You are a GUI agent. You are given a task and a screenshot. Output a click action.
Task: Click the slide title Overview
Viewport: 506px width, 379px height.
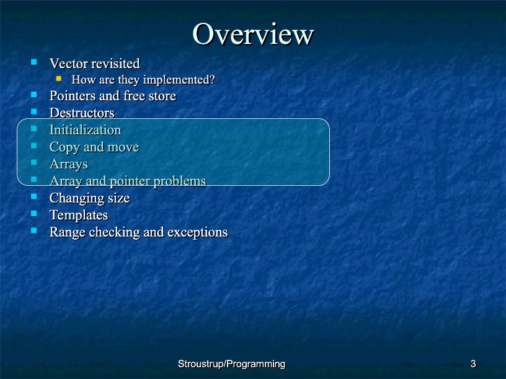pyautogui.click(x=253, y=34)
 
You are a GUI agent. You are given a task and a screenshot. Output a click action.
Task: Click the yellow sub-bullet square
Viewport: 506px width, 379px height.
pyautogui.click(x=59, y=78)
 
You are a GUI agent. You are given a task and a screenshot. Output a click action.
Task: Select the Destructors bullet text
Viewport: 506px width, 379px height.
pyautogui.click(x=82, y=113)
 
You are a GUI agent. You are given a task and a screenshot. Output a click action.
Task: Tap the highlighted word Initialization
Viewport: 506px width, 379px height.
pyautogui.click(x=86, y=130)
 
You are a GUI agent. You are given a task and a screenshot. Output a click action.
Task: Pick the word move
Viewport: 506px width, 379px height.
pyautogui.click(x=123, y=147)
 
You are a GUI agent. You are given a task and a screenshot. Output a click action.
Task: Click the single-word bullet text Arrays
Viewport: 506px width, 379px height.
pyautogui.click(x=69, y=164)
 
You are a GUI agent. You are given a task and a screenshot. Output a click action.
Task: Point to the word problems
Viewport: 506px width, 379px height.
pyautogui.click(x=179, y=181)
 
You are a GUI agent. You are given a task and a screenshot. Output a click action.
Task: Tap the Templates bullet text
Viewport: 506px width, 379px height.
pyautogui.click(x=79, y=216)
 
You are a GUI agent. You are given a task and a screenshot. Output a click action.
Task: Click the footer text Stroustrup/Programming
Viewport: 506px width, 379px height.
pyautogui.click(x=232, y=364)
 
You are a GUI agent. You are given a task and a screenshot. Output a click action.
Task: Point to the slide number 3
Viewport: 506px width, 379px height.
pyautogui.click(x=473, y=364)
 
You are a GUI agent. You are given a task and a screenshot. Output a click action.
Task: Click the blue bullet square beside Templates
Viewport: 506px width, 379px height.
pyautogui.click(x=34, y=214)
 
